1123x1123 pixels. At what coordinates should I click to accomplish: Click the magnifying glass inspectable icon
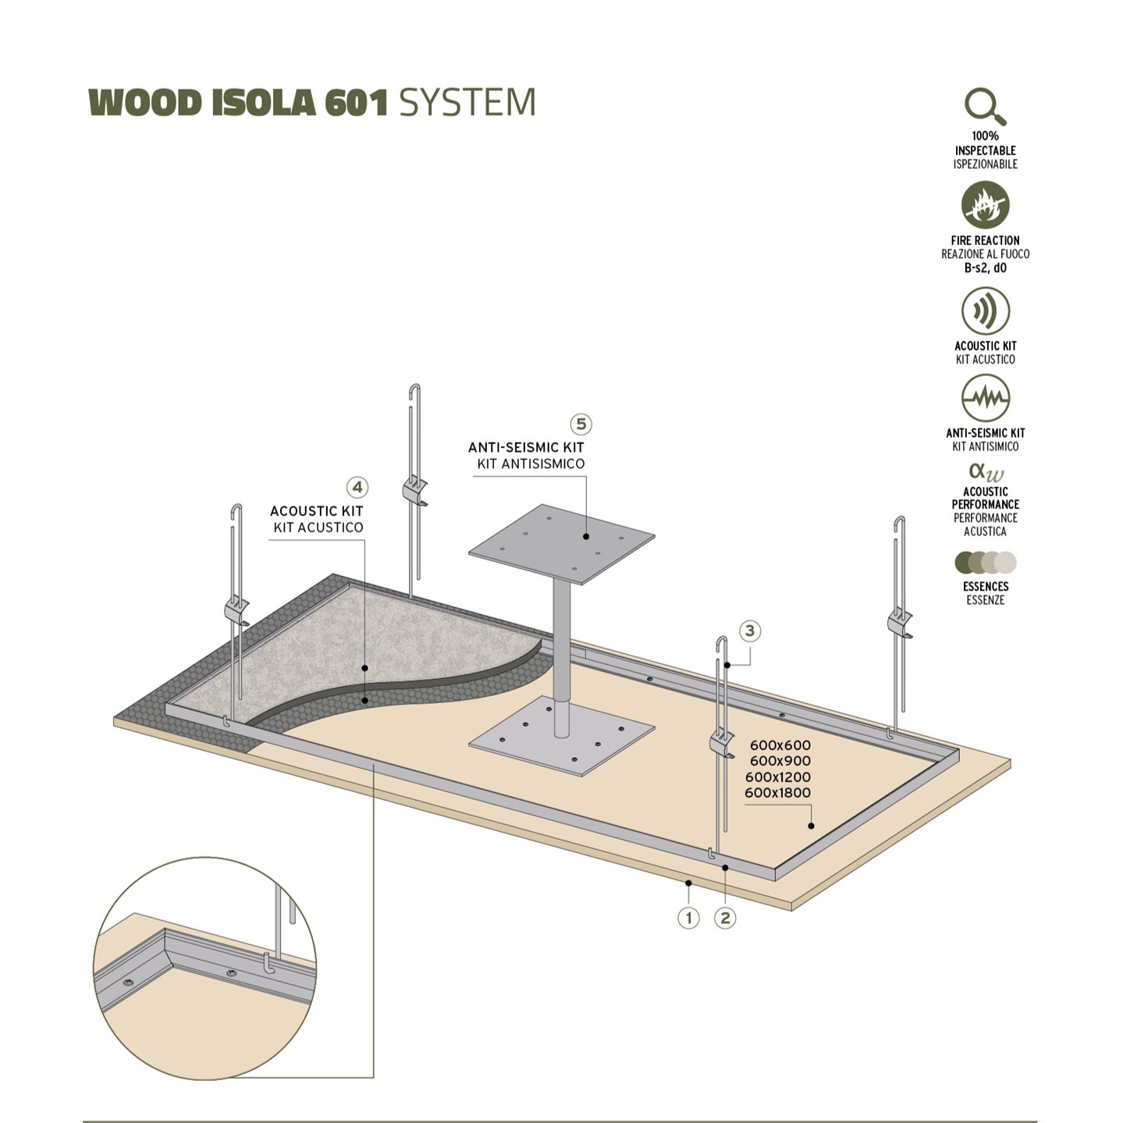985,106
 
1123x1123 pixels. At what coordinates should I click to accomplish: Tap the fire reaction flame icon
985,205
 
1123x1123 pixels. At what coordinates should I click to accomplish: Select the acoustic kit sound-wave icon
985,311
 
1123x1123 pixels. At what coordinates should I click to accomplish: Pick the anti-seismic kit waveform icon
985,398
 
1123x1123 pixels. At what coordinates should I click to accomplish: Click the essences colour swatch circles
985,563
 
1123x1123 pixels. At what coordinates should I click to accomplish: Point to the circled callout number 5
581,425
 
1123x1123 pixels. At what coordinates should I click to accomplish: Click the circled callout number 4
357,488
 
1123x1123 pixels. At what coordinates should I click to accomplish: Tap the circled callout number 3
750,631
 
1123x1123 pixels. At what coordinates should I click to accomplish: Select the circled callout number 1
688,918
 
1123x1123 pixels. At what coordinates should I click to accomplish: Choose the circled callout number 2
726,918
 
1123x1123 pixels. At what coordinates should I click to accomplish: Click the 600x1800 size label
777,793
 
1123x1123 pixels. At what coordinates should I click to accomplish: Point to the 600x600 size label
780,745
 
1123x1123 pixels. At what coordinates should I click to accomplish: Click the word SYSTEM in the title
467,103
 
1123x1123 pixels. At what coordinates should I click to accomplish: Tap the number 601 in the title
356,103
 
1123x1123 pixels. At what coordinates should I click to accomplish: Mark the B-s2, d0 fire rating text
985,268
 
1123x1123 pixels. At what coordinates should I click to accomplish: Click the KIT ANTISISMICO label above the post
531,464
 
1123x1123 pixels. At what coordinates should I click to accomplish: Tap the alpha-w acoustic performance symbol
986,472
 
